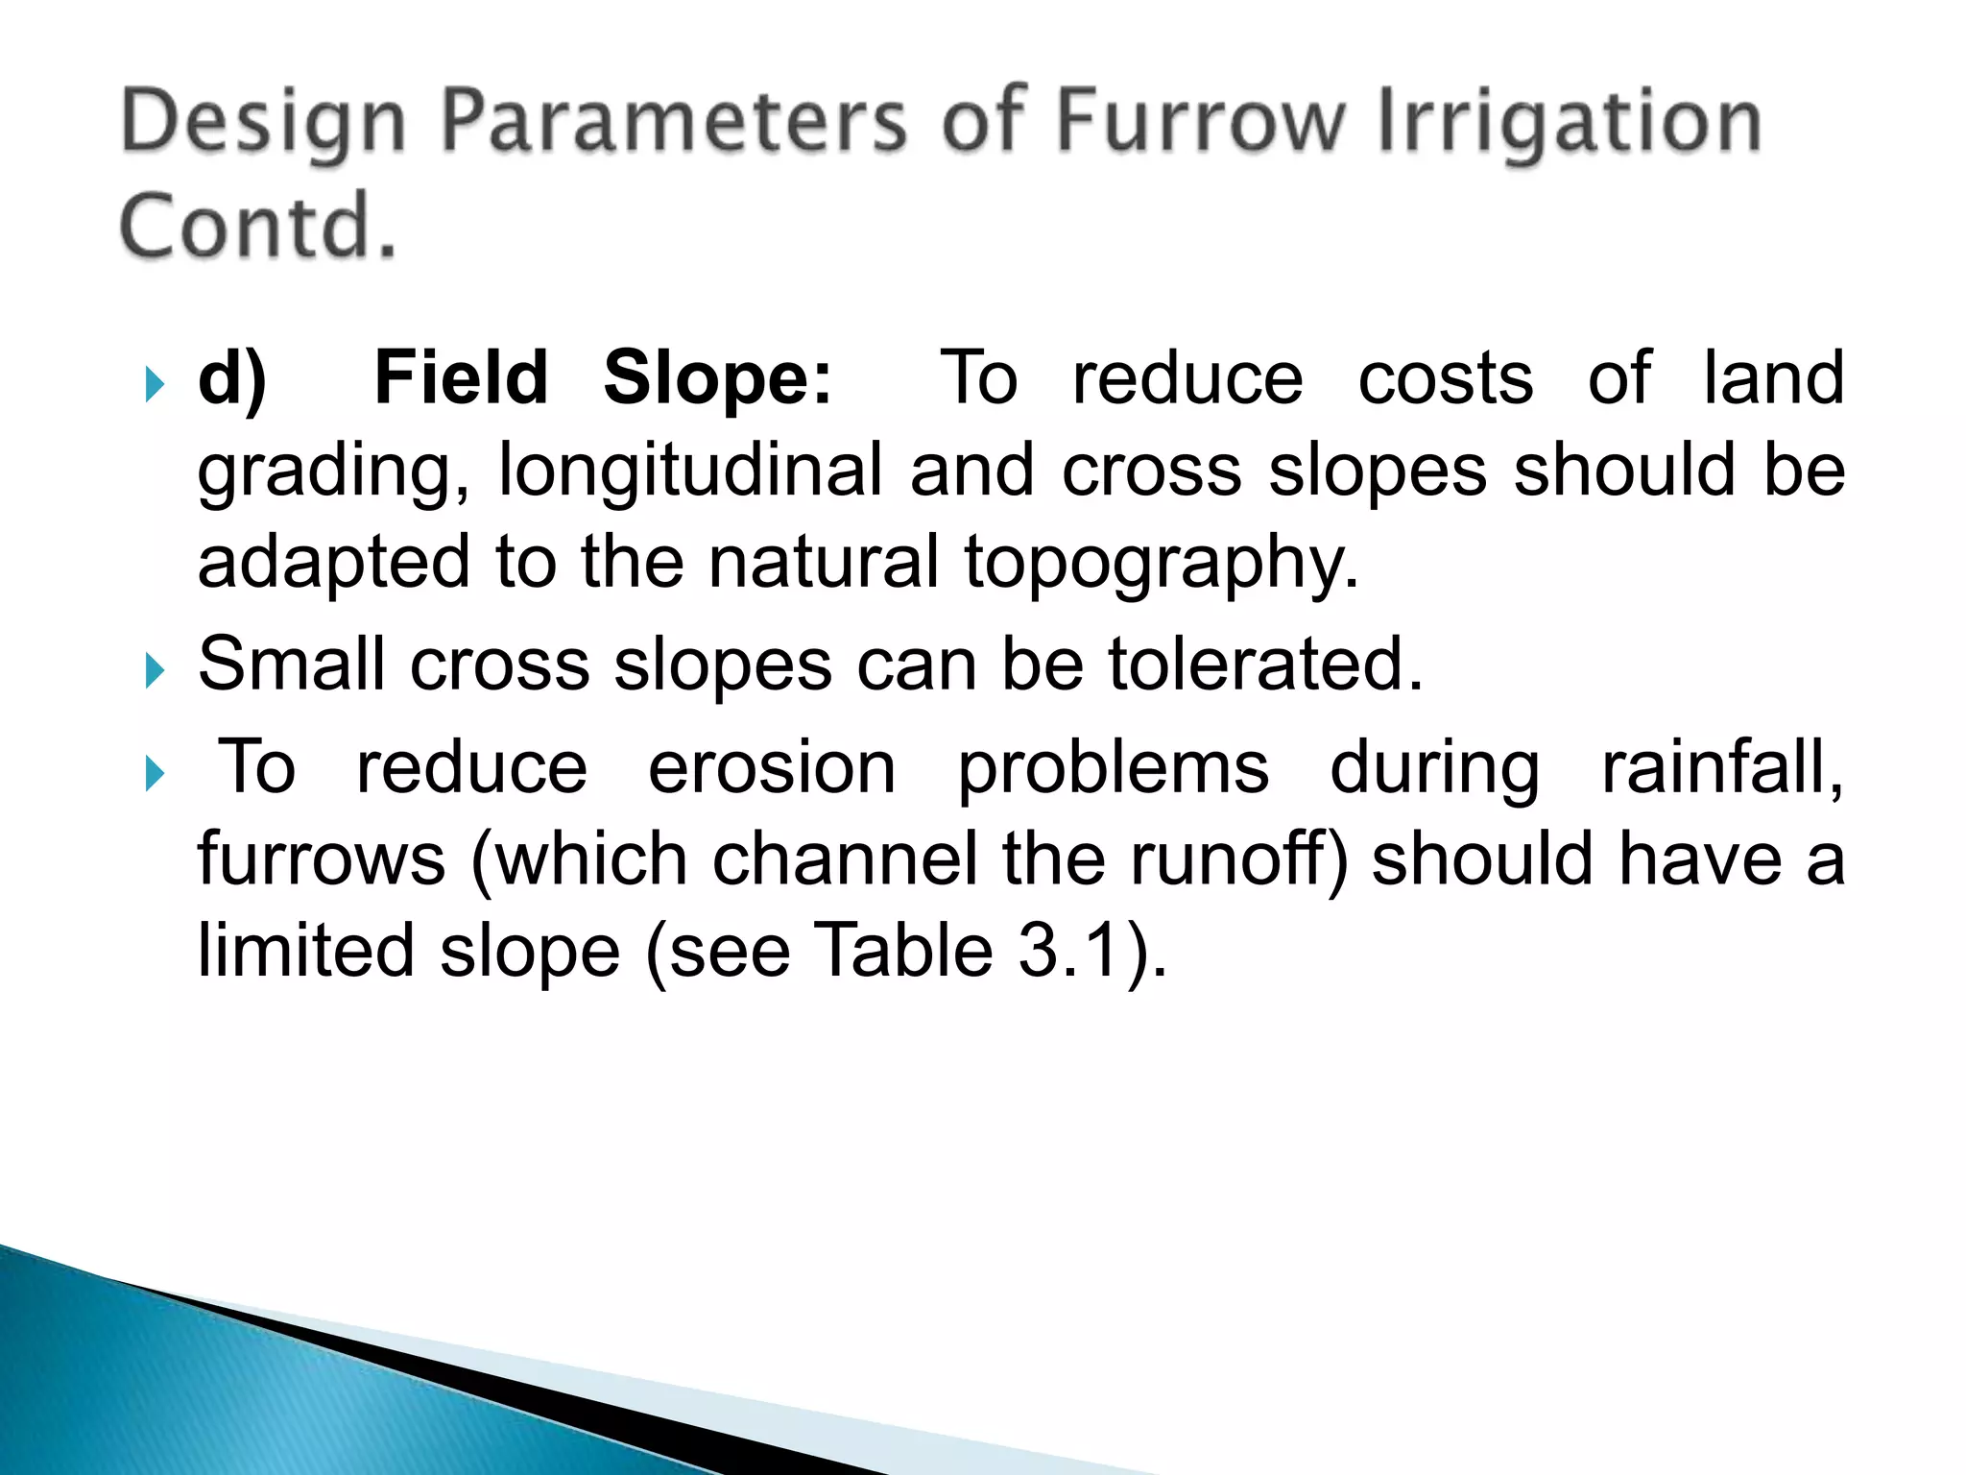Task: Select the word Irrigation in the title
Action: click(1570, 121)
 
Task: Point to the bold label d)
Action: click(231, 379)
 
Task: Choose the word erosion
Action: click(772, 767)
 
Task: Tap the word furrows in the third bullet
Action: click(322, 858)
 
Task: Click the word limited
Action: click(305, 951)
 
